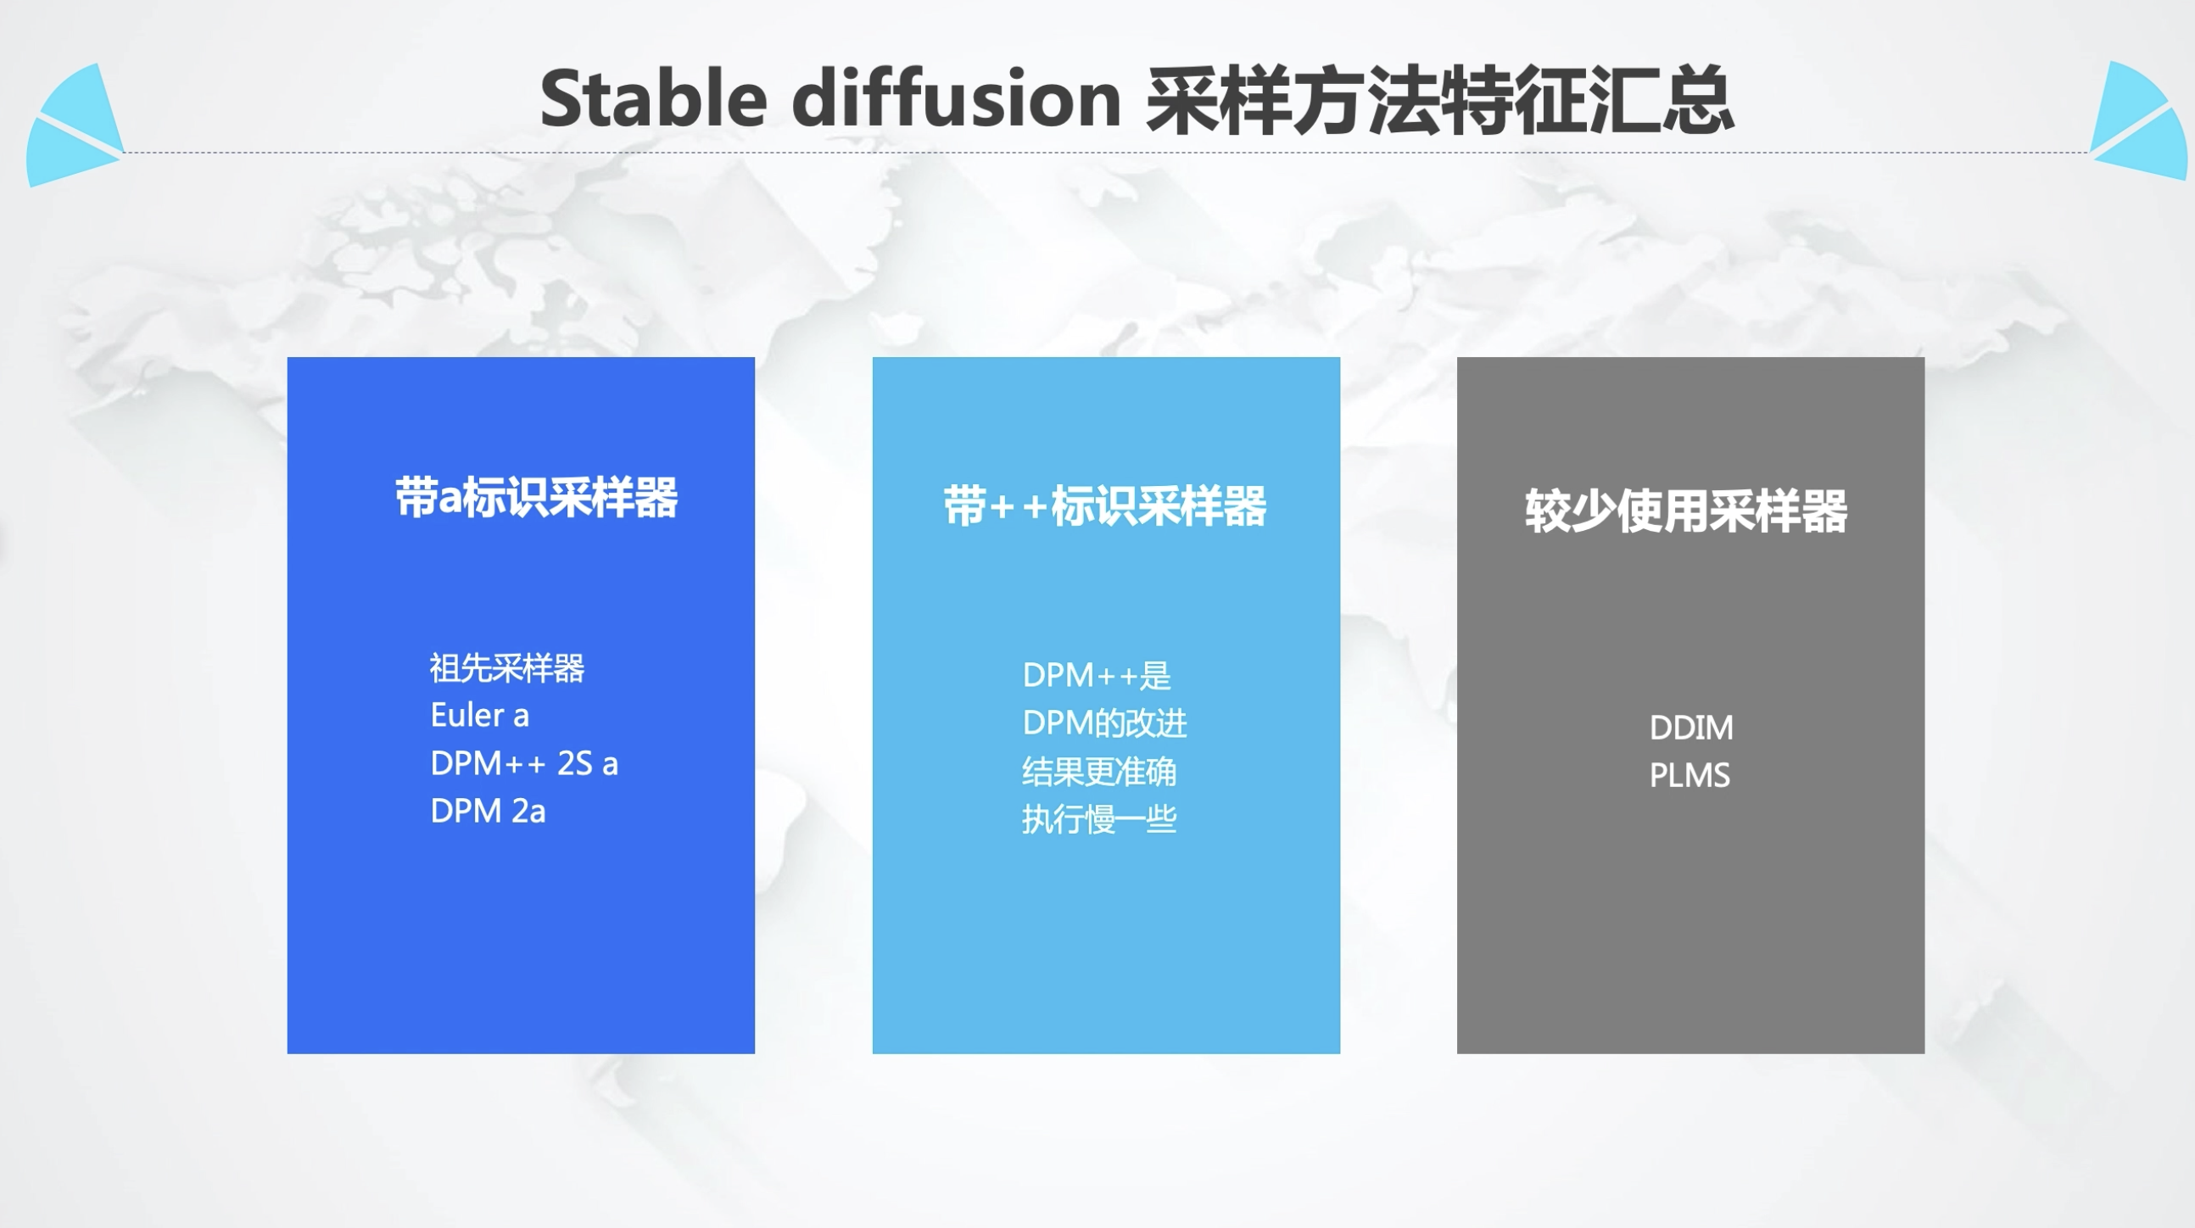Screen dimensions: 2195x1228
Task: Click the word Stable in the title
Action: [x=655, y=98]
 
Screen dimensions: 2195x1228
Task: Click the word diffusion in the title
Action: [x=956, y=98]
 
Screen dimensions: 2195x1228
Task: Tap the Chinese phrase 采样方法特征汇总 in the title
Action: [x=1439, y=100]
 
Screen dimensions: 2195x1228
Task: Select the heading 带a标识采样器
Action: [x=536, y=497]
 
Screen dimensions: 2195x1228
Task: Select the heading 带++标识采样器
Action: [x=1105, y=505]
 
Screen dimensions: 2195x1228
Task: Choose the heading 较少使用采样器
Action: [x=1686, y=511]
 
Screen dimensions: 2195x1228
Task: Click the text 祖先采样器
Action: [x=507, y=667]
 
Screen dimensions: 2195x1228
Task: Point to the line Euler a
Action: [x=480, y=715]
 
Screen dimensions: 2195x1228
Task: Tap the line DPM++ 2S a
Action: [x=524, y=763]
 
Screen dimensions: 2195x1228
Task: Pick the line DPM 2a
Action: [x=488, y=811]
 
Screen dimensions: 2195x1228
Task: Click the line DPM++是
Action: [x=1097, y=675]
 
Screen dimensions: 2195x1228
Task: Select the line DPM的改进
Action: [x=1104, y=723]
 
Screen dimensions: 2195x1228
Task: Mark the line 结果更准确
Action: [x=1099, y=771]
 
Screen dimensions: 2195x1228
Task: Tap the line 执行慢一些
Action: [x=1099, y=819]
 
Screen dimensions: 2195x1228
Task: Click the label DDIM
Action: [x=1690, y=728]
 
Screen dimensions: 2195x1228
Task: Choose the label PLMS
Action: [x=1690, y=775]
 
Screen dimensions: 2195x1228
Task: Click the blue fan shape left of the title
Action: [x=75, y=126]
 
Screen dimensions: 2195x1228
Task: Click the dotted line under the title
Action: [x=1107, y=153]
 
